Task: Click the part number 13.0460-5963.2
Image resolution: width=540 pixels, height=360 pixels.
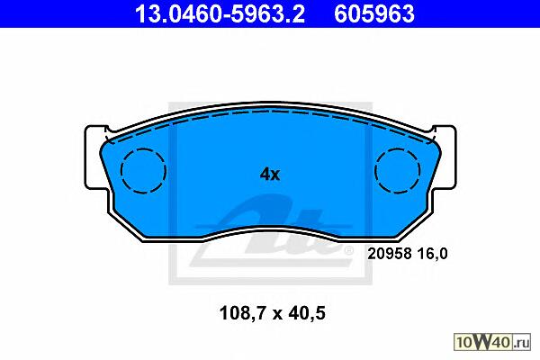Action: click(x=220, y=13)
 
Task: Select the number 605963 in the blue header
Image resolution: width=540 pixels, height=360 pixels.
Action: click(x=374, y=13)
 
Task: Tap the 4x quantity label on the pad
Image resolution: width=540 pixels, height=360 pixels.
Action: click(x=270, y=175)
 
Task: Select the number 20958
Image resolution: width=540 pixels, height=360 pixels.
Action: click(x=390, y=254)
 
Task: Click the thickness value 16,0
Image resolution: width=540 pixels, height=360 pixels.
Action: click(x=433, y=254)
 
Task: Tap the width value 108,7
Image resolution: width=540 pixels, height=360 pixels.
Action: click(x=242, y=314)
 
